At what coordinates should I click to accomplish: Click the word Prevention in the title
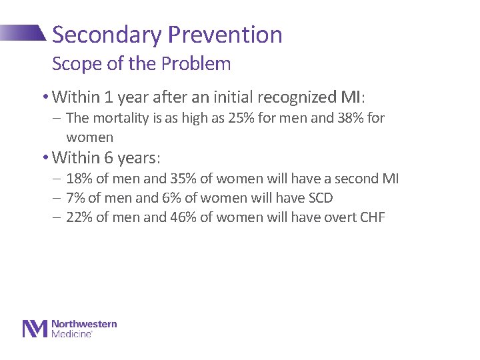coord(225,35)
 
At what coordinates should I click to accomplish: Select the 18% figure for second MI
coord(79,179)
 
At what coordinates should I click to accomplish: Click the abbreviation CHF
coord(371,217)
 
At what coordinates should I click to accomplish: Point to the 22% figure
coord(79,217)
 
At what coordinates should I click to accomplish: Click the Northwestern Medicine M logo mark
coord(35,329)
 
